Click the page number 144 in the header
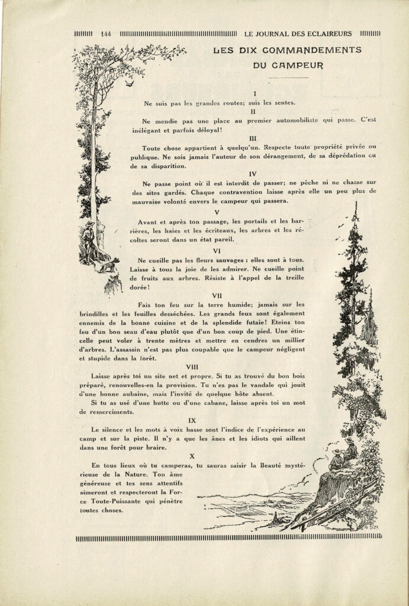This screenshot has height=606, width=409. [107, 33]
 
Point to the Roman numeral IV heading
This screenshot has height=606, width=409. [253, 174]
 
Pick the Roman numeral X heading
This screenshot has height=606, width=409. [192, 456]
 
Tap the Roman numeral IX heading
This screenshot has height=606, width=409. [192, 420]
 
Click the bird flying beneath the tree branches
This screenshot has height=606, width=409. [128, 84]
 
